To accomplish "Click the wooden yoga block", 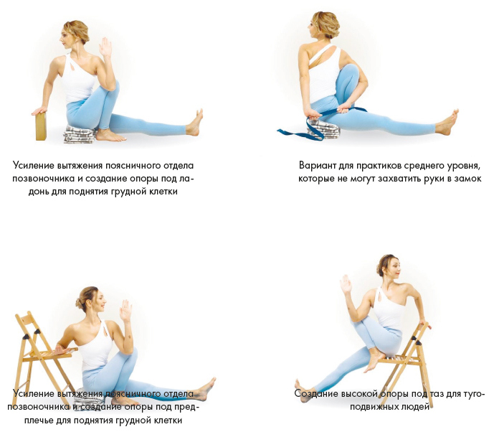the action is (42, 126).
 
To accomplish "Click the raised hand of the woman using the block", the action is (105, 47).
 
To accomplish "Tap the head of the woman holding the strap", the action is (324, 26).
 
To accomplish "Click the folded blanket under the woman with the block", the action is (80, 135).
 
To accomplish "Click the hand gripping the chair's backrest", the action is (426, 324).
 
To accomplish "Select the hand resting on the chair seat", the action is (60, 349).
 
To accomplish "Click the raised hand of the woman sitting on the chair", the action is (346, 284).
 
